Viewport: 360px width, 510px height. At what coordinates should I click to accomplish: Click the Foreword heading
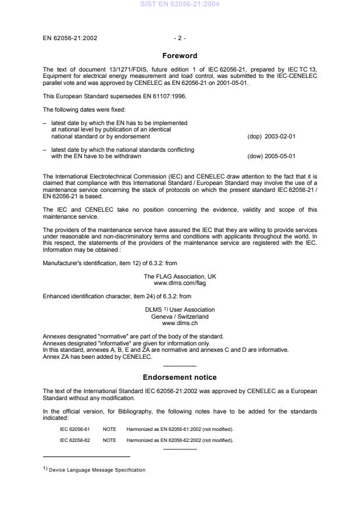[x=180, y=56]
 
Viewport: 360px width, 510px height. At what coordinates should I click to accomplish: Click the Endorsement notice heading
[x=180, y=377]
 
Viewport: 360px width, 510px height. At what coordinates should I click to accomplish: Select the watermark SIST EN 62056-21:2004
[x=180, y=5]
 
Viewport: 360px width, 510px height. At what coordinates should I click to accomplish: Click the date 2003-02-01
[x=281, y=137]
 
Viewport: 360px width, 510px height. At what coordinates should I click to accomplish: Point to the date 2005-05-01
[x=281, y=156]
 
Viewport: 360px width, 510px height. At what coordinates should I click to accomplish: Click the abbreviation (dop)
[x=255, y=137]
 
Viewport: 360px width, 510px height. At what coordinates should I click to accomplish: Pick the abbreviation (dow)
[x=255, y=156]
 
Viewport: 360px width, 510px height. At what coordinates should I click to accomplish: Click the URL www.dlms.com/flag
[x=180, y=283]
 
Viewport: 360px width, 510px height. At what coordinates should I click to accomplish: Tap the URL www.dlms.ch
[x=180, y=323]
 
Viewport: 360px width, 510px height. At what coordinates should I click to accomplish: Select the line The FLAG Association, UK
[x=180, y=277]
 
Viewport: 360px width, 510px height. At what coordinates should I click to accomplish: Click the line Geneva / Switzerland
[x=180, y=316]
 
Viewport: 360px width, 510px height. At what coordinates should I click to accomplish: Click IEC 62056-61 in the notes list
[x=75, y=429]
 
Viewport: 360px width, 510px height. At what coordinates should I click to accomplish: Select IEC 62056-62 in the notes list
[x=75, y=440]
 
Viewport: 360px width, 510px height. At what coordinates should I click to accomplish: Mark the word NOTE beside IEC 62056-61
[x=110, y=429]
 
